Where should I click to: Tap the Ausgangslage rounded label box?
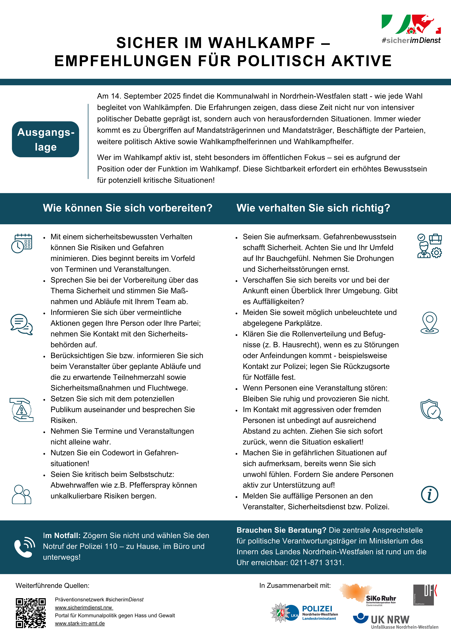(x=46, y=139)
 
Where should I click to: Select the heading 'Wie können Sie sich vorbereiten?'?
(x=128, y=208)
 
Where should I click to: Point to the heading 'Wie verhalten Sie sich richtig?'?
(x=313, y=208)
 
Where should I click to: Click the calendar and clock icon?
(x=22, y=243)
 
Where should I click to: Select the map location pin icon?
(x=429, y=322)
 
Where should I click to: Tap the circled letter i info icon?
(x=429, y=495)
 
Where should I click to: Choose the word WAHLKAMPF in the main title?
(x=261, y=43)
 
